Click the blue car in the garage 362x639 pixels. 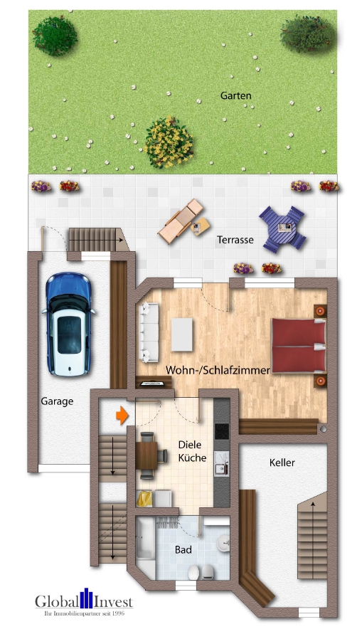pos(68,324)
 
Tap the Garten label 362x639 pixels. pos(236,96)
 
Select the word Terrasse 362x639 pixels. pos(235,240)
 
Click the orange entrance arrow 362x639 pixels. pos(122,416)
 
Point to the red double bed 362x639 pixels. pos(299,346)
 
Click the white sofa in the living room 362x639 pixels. pos(149,332)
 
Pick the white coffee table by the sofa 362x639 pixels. pos(181,334)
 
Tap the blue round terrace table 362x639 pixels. pos(283,228)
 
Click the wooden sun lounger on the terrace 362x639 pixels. pos(181,221)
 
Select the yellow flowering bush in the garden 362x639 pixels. pos(169,142)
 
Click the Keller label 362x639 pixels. pos(282,463)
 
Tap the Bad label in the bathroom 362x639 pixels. pos(183,550)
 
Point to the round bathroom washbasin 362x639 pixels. pos(223,543)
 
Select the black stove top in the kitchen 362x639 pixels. pos(221,431)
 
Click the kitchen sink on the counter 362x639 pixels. pos(221,463)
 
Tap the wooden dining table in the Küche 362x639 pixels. pos(147,455)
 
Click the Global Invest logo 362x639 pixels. pos(83,601)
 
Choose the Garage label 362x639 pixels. pos(57,401)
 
